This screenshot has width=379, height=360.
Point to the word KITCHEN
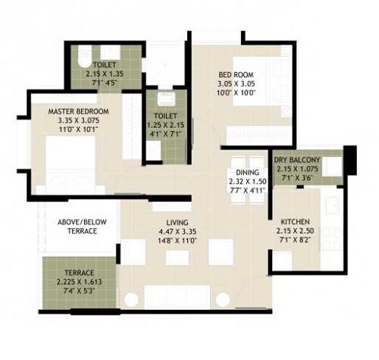click(292, 222)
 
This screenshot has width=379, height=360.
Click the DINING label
click(246, 172)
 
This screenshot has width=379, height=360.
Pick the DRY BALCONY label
click(297, 161)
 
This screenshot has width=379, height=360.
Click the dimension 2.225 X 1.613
click(79, 282)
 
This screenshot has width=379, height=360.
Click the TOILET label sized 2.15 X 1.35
click(105, 65)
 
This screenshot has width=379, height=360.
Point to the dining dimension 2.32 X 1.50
click(246, 181)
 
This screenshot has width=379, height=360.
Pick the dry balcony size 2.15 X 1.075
click(297, 170)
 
